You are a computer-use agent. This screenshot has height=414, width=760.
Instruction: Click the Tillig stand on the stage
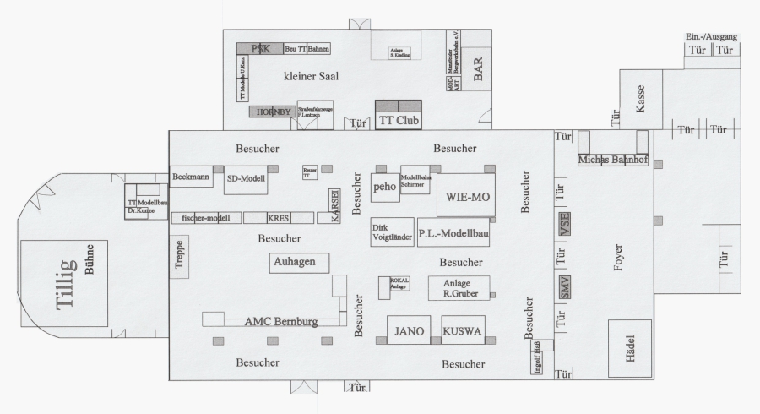[x=64, y=283]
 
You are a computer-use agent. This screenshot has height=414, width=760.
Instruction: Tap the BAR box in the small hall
[x=477, y=73]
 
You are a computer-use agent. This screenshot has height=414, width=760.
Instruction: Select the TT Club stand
[x=398, y=120]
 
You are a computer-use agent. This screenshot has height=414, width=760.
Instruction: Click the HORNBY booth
[x=271, y=112]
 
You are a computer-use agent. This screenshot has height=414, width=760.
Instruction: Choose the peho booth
[x=384, y=186]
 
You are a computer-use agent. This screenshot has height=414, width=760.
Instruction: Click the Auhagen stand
[x=294, y=263]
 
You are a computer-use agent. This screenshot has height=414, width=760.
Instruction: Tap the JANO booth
[x=410, y=331]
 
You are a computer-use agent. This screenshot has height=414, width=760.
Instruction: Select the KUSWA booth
[x=462, y=331]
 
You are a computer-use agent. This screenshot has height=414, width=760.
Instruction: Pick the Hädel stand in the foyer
[x=628, y=348]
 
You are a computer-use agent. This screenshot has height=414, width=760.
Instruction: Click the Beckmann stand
[x=190, y=177]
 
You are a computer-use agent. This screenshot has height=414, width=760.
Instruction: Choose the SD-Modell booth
[x=245, y=178]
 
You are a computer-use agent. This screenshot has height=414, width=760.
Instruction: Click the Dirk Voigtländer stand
[x=392, y=232]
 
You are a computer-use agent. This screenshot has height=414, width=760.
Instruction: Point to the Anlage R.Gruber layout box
[x=459, y=288]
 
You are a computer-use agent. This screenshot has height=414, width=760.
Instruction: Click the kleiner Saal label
[x=311, y=76]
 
